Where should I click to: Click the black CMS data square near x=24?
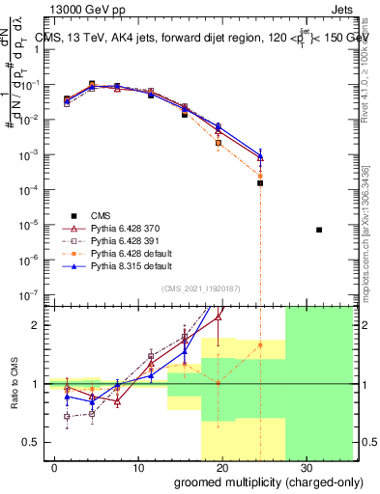point(260,182)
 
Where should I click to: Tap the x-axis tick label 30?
point(307,467)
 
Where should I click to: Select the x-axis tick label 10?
point(138,467)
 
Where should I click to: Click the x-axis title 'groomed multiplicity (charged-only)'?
point(255,481)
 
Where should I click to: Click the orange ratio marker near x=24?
point(260,344)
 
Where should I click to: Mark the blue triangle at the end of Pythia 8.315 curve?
point(260,155)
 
